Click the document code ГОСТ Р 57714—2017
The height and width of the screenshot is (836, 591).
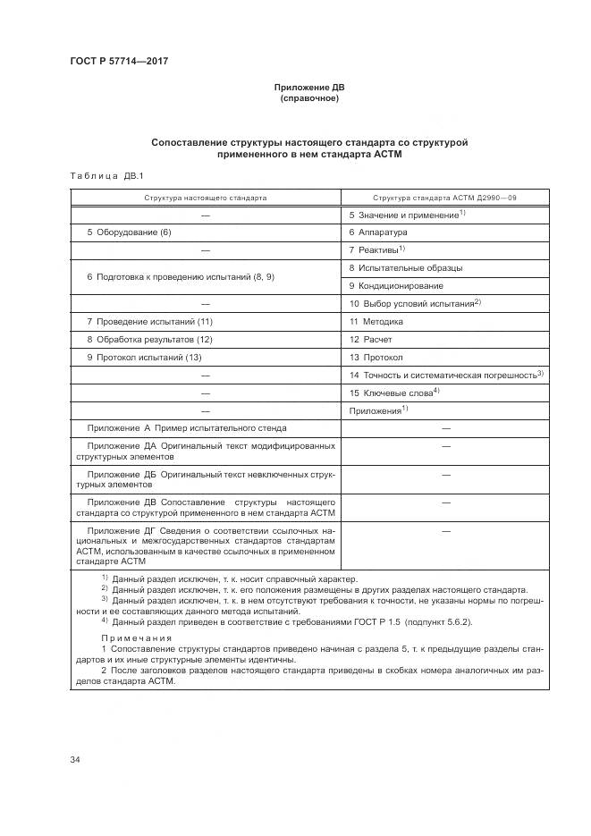tap(119, 61)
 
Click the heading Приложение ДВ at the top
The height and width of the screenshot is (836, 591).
tap(308, 88)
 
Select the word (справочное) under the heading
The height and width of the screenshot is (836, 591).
tap(308, 98)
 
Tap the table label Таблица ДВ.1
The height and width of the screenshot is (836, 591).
tap(101, 175)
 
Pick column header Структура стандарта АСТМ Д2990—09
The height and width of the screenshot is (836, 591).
tap(444, 197)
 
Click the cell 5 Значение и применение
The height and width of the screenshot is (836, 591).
tap(405, 215)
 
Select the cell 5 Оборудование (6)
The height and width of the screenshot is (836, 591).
tap(129, 232)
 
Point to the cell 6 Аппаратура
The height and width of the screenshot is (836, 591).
tap(377, 232)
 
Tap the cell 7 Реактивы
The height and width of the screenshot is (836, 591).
tap(376, 250)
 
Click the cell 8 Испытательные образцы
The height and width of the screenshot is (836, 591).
tap(405, 267)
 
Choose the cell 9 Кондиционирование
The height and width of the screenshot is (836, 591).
tap(395, 286)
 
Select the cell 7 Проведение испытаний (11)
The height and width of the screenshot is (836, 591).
tap(149, 321)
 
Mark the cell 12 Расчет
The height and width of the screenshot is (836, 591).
tap(370, 339)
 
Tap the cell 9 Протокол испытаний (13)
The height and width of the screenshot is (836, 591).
tap(143, 358)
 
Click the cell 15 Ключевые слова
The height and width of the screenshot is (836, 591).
tap(393, 393)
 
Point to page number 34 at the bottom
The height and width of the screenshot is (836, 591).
tap(75, 760)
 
